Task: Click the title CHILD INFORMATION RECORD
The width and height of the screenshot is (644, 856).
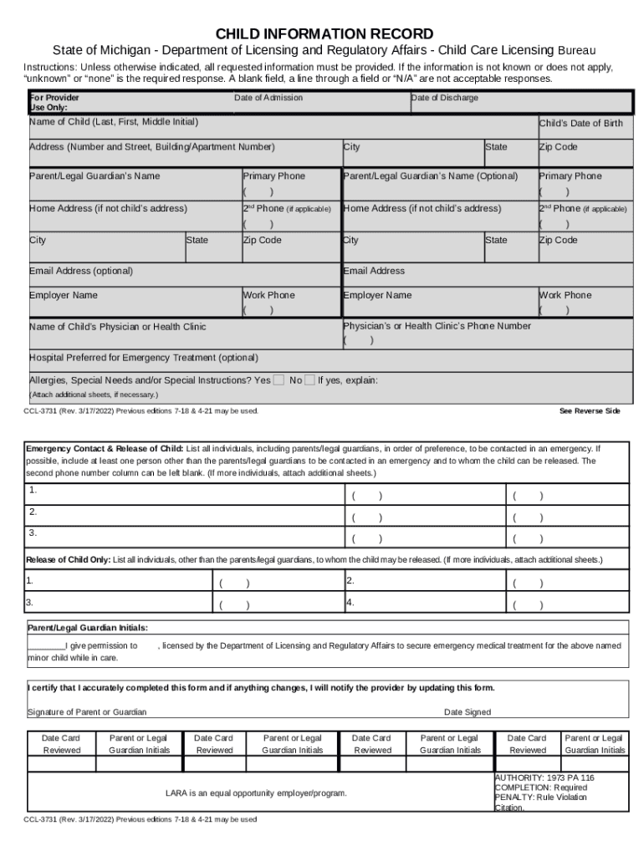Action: coord(325,34)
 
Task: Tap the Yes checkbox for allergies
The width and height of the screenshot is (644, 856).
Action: coord(279,380)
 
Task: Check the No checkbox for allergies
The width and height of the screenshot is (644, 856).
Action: coord(309,380)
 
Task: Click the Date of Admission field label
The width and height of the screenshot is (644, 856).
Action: coord(268,99)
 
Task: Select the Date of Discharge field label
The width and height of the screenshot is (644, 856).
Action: coord(445,99)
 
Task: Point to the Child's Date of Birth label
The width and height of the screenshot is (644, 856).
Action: coord(580,124)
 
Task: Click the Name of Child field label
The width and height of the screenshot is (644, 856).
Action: coord(114,122)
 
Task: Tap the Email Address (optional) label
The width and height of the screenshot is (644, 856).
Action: coord(81,271)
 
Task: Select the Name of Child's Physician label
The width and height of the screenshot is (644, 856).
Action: coord(117,327)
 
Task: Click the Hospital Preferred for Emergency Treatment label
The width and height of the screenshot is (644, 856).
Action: coord(144,358)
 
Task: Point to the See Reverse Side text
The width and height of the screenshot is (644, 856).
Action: coord(590,411)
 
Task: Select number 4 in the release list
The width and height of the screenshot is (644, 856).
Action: coord(350,601)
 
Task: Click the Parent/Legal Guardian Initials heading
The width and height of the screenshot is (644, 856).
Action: coord(88,627)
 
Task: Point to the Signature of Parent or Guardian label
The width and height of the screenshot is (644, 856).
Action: coord(87,712)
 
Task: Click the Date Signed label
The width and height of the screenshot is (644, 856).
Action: coord(468,712)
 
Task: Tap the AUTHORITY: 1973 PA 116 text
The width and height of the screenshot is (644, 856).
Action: coord(544,777)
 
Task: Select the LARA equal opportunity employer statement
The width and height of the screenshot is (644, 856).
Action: coord(256,792)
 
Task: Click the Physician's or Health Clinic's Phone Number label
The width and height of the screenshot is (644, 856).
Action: coord(437,326)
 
